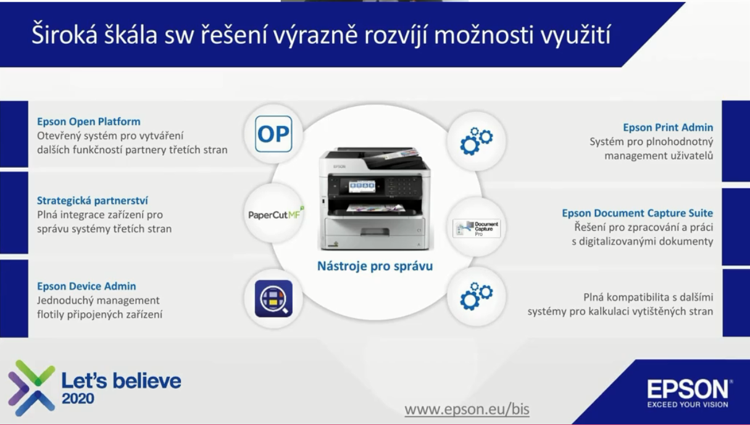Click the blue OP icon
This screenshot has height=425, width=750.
tap(273, 134)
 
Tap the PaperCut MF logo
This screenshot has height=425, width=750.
tap(276, 213)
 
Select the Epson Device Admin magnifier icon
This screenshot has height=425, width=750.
tap(273, 299)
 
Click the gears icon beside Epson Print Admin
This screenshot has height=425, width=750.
tap(476, 141)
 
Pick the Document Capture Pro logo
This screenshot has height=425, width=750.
tap(477, 229)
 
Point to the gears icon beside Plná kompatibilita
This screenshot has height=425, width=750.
tap(476, 296)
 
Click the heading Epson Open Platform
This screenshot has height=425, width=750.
tap(89, 122)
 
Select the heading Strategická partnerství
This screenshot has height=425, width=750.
tap(93, 200)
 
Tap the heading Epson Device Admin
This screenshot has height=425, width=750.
tap(86, 286)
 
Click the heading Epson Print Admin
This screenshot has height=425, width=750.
tap(668, 128)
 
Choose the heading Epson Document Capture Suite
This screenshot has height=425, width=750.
tap(638, 213)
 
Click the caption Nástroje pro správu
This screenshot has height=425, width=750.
tap(375, 266)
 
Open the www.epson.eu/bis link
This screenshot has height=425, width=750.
tap(467, 409)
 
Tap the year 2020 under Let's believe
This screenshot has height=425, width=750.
tap(78, 398)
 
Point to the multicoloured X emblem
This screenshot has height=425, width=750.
tap(31, 388)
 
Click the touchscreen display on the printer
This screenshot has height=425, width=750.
tap(362, 187)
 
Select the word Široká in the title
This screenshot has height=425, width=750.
tap(64, 35)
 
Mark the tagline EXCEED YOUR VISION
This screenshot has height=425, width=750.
tap(688, 405)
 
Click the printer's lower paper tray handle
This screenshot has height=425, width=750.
tap(375, 231)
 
